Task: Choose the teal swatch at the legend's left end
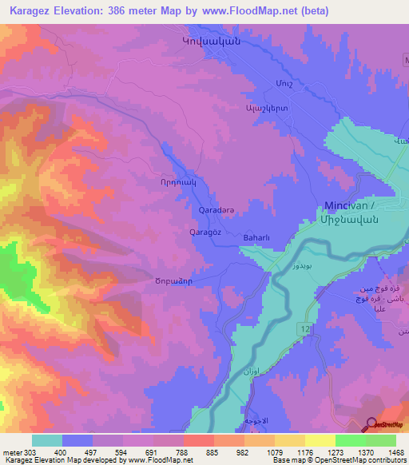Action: (47, 440)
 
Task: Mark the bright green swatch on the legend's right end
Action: (381, 440)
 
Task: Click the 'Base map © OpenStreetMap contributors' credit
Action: (340, 460)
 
